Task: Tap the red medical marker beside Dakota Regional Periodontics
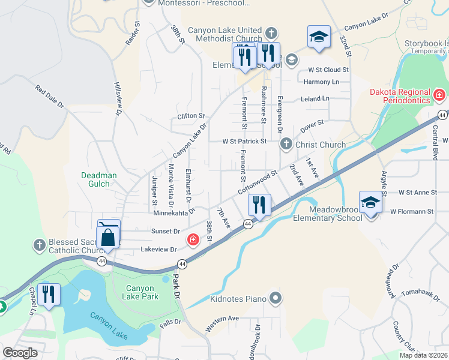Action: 439,95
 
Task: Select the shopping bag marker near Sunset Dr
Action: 109,237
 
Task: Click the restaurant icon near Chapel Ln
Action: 49,294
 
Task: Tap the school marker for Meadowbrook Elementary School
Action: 370,203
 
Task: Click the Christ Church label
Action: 319,145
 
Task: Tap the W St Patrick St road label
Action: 244,142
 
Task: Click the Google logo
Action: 20,353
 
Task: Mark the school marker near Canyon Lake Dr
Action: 319,37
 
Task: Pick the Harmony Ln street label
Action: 321,82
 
